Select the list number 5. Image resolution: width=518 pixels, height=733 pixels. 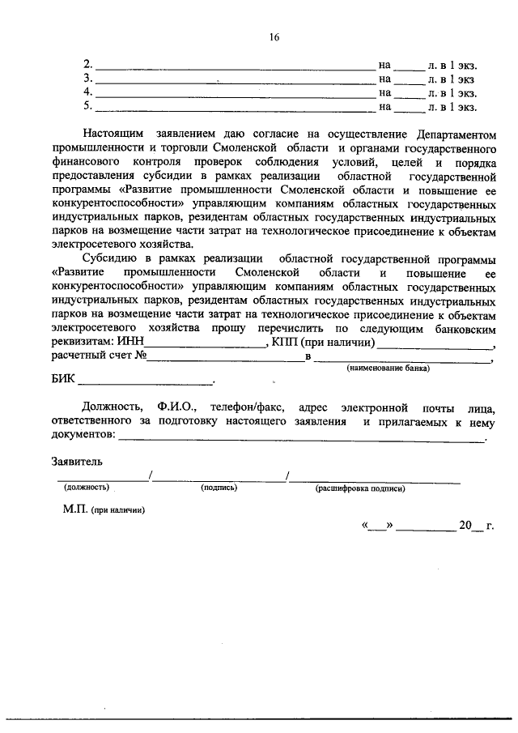point(88,105)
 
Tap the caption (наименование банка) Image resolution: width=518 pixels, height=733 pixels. point(388,369)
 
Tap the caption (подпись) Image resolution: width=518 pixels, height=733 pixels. point(218,488)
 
